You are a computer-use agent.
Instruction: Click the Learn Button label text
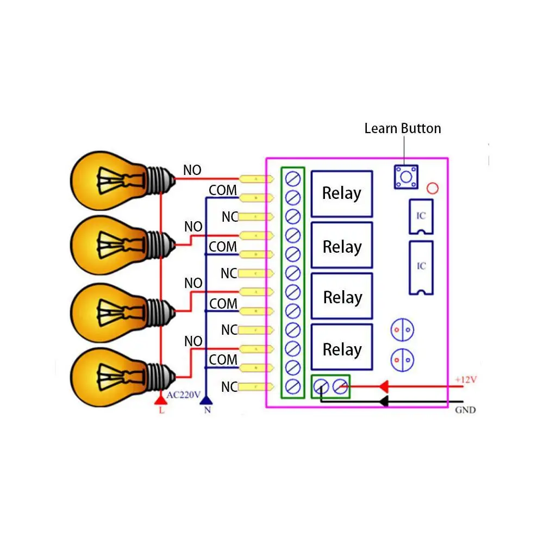pos(402,129)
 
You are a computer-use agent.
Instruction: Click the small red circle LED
pos(433,189)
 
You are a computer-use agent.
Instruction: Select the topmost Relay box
pos(341,193)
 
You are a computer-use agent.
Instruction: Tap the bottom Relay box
pos(341,349)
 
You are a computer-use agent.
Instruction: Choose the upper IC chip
pos(421,216)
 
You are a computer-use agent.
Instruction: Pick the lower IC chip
pos(421,267)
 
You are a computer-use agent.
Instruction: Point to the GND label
pos(465,410)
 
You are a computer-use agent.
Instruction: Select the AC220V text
pos(184,395)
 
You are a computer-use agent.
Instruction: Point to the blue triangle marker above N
pos(207,401)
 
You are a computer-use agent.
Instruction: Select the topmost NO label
pos(192,170)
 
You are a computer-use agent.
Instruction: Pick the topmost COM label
pos(223,190)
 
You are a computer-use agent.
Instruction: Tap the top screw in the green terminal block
pos(293,178)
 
